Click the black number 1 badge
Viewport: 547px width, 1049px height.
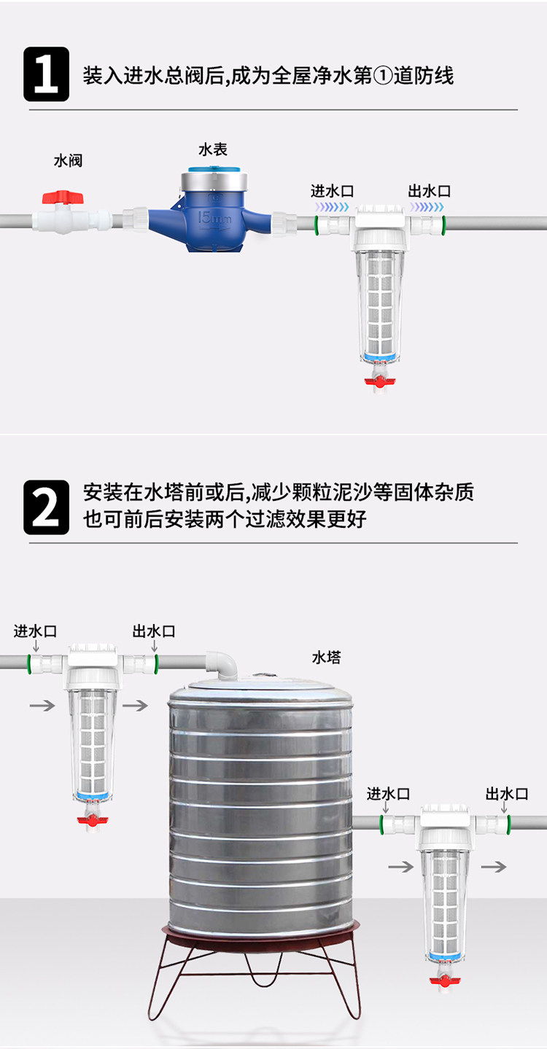47,74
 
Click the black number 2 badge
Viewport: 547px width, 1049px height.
47,507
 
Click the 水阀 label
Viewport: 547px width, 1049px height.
68,160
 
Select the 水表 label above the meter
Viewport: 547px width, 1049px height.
213,149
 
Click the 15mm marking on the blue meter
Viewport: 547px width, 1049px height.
214,218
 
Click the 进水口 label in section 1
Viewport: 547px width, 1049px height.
333,191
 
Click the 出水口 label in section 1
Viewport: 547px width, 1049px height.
430,191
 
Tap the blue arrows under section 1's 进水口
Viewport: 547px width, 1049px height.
332,206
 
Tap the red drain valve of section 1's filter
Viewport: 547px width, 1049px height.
380,381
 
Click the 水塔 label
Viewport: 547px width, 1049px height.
327,658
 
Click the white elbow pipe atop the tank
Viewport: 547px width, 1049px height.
222,663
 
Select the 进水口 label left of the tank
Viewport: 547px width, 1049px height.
35,631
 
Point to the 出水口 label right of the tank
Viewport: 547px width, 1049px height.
507,794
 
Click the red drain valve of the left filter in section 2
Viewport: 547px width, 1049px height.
93,819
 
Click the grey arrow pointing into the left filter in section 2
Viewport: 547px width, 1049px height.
42,705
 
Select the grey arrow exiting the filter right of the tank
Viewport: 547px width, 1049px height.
494,867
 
